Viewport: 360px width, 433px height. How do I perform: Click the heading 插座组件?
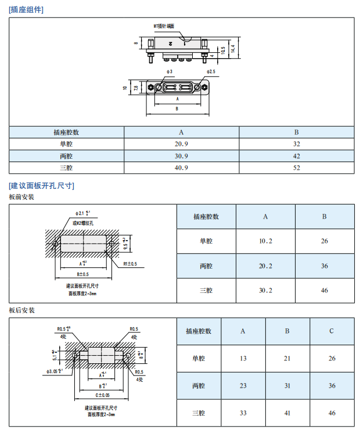(27, 10)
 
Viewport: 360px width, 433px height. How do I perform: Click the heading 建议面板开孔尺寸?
(41, 185)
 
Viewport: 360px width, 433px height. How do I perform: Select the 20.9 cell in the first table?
(182, 144)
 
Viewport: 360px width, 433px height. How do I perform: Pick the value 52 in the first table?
(296, 168)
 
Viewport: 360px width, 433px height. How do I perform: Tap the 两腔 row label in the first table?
(66, 156)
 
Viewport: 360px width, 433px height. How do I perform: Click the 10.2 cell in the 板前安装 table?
(265, 241)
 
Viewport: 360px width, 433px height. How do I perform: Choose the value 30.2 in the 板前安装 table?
(265, 290)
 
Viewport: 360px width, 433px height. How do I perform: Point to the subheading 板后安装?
(21, 310)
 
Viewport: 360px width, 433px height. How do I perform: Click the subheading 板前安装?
(21, 197)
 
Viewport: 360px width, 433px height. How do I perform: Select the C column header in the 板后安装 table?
(332, 331)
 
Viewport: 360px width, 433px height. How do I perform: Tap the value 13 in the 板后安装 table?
(243, 359)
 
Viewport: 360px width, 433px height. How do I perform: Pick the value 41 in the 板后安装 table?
(287, 413)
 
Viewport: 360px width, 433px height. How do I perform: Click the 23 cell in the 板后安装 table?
(243, 386)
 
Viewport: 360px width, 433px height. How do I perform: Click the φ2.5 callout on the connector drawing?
(210, 71)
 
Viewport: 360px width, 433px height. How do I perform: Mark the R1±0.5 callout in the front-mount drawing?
(129, 264)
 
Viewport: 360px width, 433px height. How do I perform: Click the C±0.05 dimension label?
(102, 395)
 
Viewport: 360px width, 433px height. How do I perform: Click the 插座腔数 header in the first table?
(66, 132)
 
